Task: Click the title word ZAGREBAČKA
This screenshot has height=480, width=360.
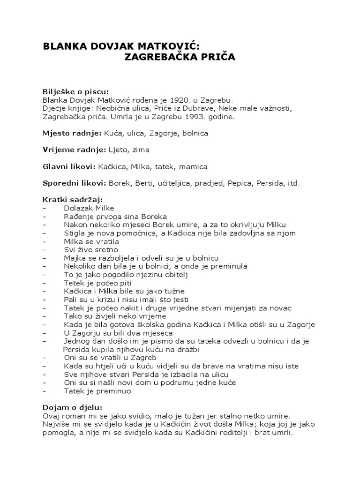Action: pos(162,57)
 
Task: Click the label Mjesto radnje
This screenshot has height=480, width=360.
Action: pos(72,133)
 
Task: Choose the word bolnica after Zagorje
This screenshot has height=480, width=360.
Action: pos(194,133)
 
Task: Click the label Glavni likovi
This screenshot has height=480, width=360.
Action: pos(69,166)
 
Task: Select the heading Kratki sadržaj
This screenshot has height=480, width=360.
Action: pos(72,200)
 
